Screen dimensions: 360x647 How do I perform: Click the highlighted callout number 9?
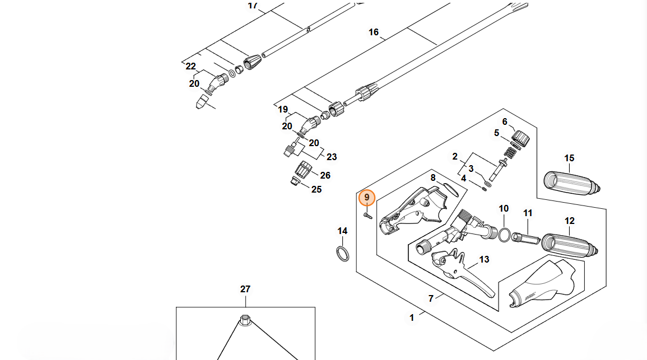click(x=367, y=198)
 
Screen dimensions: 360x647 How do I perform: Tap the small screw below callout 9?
click(x=367, y=215)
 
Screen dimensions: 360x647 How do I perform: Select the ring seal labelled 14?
click(x=343, y=253)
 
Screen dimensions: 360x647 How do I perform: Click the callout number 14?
click(x=342, y=231)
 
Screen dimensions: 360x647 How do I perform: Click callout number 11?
click(x=528, y=213)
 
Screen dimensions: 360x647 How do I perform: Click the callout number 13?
click(x=484, y=259)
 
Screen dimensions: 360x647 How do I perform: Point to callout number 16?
click(x=374, y=32)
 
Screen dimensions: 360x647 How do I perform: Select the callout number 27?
click(x=245, y=289)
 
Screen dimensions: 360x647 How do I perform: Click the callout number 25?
click(x=316, y=189)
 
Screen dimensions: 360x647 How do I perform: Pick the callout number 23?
click(x=332, y=157)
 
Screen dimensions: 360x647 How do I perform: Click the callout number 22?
click(x=191, y=66)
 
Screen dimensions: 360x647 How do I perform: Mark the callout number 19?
click(x=283, y=109)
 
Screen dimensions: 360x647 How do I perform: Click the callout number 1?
click(x=412, y=317)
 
